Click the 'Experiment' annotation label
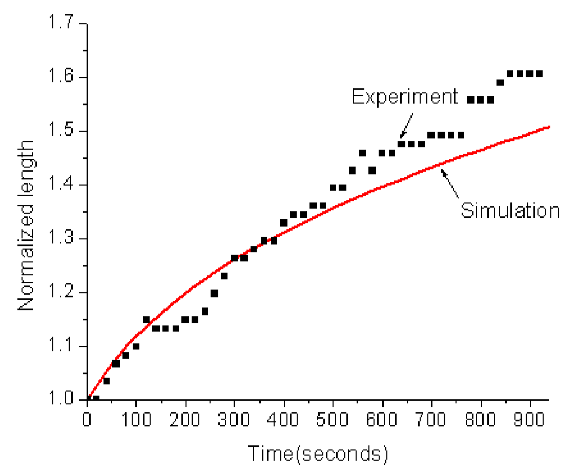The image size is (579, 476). pyautogui.click(x=405, y=96)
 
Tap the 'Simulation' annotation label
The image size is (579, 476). pyautogui.click(x=510, y=210)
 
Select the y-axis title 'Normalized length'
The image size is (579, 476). pyautogui.click(x=26, y=225)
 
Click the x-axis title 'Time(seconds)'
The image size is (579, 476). pyautogui.click(x=318, y=454)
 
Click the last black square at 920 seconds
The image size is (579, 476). pyautogui.click(x=539, y=73)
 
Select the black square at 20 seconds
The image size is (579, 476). pyautogui.click(x=96, y=398)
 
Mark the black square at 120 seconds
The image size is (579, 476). pyautogui.click(x=146, y=320)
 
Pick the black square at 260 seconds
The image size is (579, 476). pyautogui.click(x=214, y=294)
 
